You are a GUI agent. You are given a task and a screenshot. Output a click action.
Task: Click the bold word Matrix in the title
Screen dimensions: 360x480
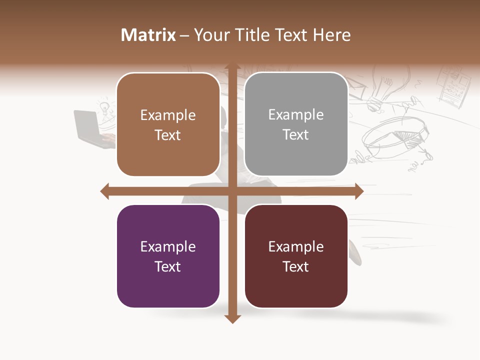[148, 35]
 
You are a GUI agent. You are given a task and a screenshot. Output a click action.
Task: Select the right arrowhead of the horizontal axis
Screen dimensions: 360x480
[359, 191]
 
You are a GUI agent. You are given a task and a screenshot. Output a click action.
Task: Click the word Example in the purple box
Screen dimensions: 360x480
[167, 246]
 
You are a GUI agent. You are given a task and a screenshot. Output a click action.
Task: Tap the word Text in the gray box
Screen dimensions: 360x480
[295, 134]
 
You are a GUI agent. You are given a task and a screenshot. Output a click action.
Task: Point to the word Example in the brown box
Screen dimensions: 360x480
[167, 115]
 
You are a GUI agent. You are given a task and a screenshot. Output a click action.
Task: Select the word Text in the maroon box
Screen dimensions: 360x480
[295, 266]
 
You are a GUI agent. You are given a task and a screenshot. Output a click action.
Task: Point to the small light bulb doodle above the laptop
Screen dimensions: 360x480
[104, 106]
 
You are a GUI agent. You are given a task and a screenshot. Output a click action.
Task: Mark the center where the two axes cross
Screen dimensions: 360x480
[232, 191]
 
